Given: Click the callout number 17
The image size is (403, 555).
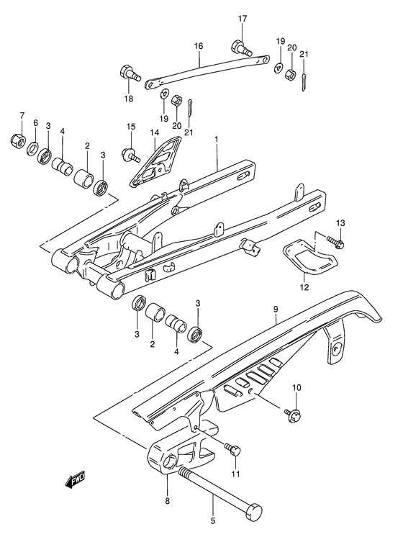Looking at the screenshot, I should pyautogui.click(x=243, y=18).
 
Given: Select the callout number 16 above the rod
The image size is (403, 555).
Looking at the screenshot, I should pyautogui.click(x=197, y=46).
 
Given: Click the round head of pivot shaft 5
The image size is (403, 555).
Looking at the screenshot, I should pyautogui.click(x=255, y=513).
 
